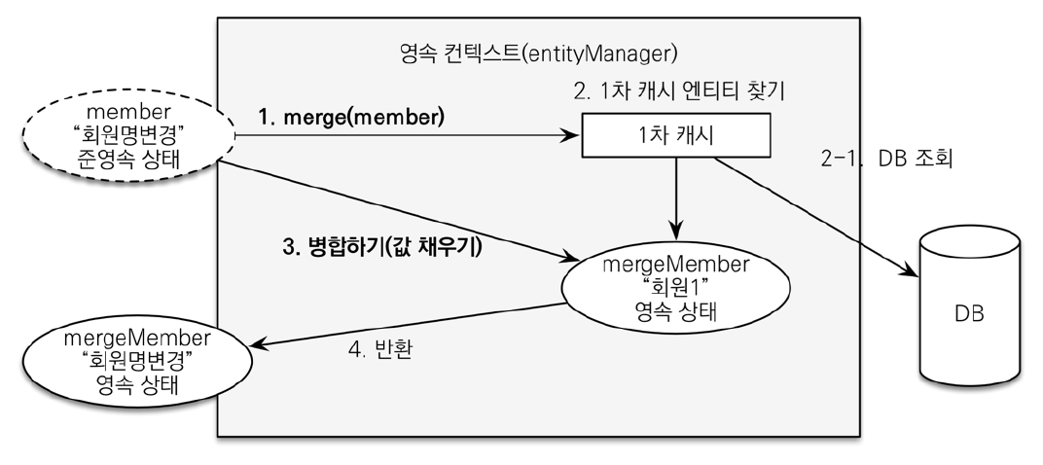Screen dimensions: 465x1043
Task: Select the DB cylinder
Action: pos(969,312)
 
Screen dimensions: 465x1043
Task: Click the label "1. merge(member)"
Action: pos(350,118)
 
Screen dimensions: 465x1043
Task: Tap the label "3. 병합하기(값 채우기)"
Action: pos(383,247)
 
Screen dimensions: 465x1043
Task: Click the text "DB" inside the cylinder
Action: pos(969,314)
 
